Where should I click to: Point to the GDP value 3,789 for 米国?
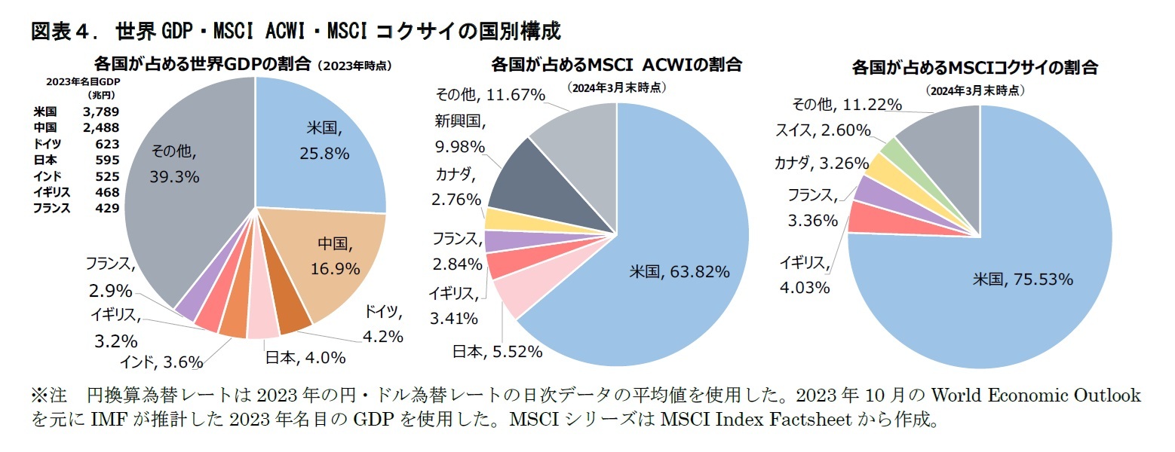[x=103, y=111]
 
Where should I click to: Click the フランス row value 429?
[x=107, y=208]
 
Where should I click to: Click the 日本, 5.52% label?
[x=497, y=350]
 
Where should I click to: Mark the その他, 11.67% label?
[x=490, y=95]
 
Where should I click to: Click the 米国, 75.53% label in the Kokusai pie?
[x=1022, y=279]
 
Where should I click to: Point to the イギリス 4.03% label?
[x=805, y=275]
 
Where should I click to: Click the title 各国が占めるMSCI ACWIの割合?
[x=616, y=65]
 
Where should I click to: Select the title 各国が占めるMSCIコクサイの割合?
[x=974, y=68]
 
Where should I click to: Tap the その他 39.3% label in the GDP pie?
[x=174, y=163]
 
